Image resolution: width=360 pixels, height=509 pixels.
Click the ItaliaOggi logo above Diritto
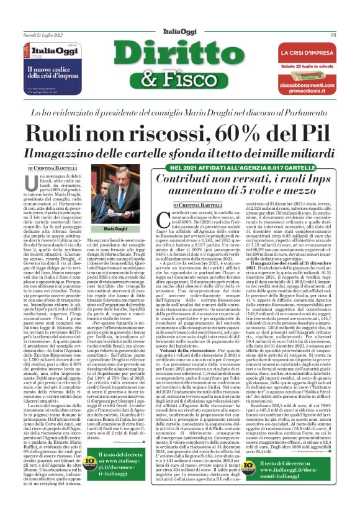pyautogui.click(x=179, y=34)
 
